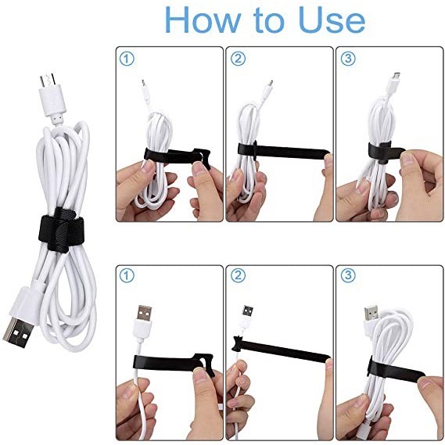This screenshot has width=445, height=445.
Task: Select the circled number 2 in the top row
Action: pyautogui.click(x=236, y=58)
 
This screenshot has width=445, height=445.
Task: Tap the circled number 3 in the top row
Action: pyautogui.click(x=346, y=58)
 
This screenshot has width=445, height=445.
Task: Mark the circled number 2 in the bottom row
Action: pyautogui.click(x=236, y=275)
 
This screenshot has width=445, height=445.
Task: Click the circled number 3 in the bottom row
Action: pyautogui.click(x=346, y=275)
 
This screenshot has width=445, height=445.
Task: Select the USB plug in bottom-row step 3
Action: pyautogui.click(x=371, y=314)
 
